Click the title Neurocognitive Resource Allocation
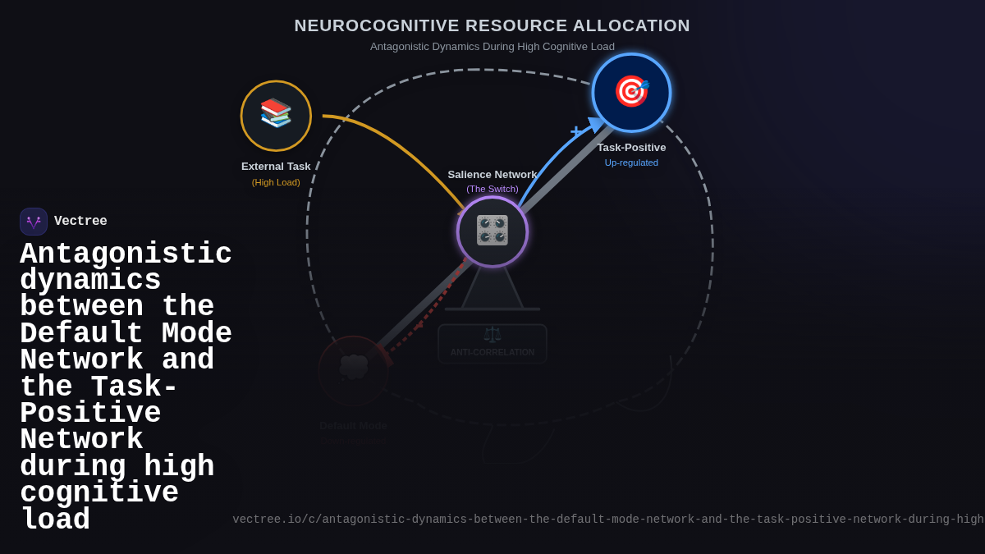pyautogui.click(x=492, y=25)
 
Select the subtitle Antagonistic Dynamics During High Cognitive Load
pyautogui.click(x=492, y=47)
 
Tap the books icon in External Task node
pyautogui.click(x=276, y=113)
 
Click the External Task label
pyautogui.click(x=276, y=167)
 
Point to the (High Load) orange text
pyautogui.click(x=276, y=182)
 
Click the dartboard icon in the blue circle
pyautogui.click(x=631, y=91)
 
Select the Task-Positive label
pyautogui.click(x=631, y=148)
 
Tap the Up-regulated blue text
pyautogui.click(x=631, y=163)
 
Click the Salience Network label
pyautogui.click(x=492, y=175)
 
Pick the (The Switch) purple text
pyautogui.click(x=492, y=189)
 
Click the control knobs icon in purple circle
pyautogui.click(x=492, y=231)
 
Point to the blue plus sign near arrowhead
pyautogui.click(x=575, y=130)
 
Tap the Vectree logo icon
pyautogui.click(x=34, y=222)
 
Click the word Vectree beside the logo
pyautogui.click(x=80, y=222)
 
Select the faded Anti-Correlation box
pyautogui.click(x=492, y=344)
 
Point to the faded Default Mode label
pyautogui.click(x=353, y=425)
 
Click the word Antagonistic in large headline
pyautogui.click(x=126, y=254)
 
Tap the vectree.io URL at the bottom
pyautogui.click(x=607, y=520)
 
